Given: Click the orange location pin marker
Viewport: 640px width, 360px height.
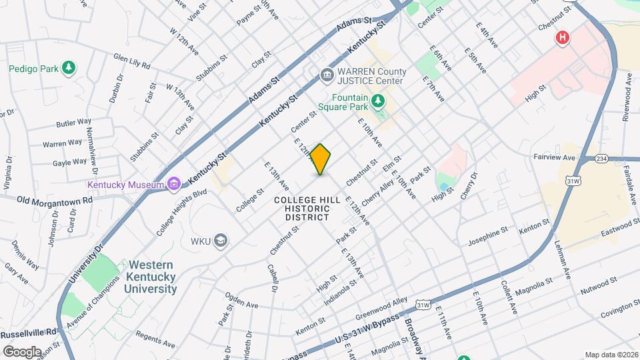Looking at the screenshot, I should [x=321, y=159].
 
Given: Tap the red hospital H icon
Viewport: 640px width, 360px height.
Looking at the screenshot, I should [x=563, y=37].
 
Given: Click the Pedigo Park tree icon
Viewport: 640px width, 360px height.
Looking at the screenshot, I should [x=67, y=68].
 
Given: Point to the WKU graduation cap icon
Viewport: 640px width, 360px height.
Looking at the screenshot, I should [x=221, y=241].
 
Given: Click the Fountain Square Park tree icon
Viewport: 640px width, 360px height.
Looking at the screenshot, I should [x=379, y=101].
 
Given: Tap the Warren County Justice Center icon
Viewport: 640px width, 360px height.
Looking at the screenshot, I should [x=327, y=75].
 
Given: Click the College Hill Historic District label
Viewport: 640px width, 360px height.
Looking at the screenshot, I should [x=308, y=208].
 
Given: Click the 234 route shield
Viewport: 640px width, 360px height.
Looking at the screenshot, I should [x=602, y=158].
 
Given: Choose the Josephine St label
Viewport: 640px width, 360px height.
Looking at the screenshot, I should [x=488, y=237].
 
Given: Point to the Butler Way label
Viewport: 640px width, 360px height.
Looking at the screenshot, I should [x=74, y=123].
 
